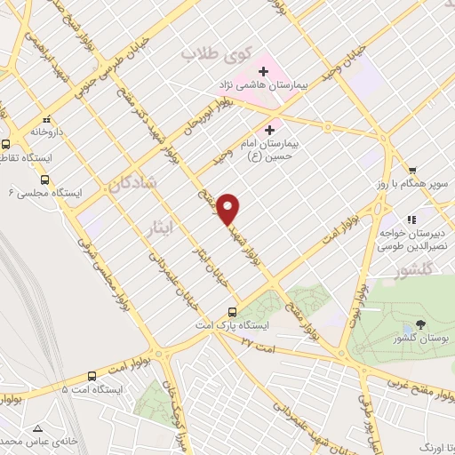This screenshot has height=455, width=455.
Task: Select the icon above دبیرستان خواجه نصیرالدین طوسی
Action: pyautogui.click(x=411, y=219)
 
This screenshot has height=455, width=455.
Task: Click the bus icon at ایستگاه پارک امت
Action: pyautogui.click(x=232, y=312)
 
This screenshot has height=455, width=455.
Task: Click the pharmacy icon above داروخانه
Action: pyautogui.click(x=45, y=117)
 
